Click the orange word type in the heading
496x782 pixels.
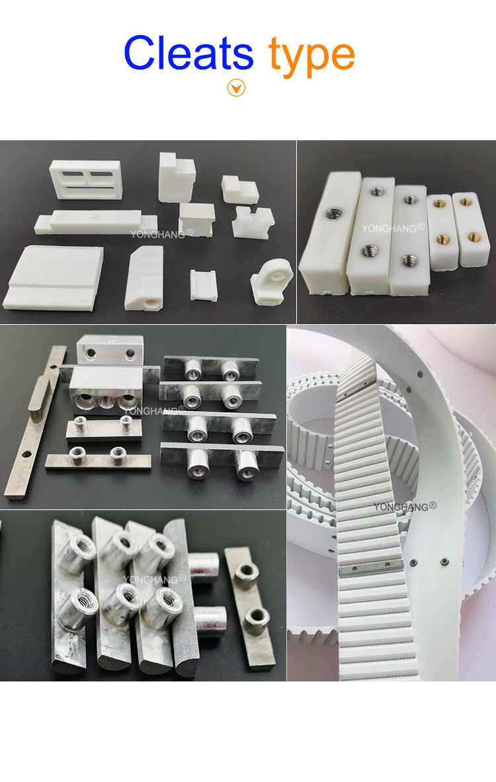[311, 56]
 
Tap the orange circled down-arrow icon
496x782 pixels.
[236, 87]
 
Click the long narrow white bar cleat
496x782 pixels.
[93, 220]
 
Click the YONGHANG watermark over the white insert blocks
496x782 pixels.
[393, 228]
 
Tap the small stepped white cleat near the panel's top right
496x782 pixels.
[239, 189]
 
